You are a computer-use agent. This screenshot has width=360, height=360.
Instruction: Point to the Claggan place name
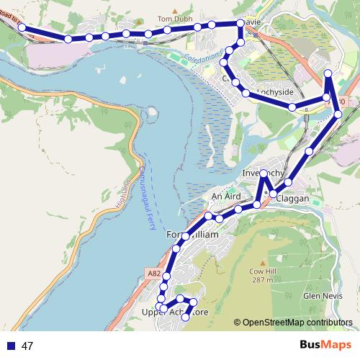(292, 198)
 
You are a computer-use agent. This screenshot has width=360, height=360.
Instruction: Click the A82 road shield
(154, 274)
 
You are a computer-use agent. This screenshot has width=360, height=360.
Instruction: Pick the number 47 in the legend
(27, 346)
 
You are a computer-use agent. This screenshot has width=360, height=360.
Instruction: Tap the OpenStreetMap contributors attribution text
(297, 323)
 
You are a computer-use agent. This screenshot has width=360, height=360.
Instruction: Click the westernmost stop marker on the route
(22, 27)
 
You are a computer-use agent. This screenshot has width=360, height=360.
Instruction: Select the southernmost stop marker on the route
(186, 317)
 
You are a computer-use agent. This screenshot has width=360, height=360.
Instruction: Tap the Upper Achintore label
(175, 312)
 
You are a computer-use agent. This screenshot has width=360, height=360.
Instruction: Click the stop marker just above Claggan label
(289, 183)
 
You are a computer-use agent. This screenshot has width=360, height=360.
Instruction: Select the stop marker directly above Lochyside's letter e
(292, 107)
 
